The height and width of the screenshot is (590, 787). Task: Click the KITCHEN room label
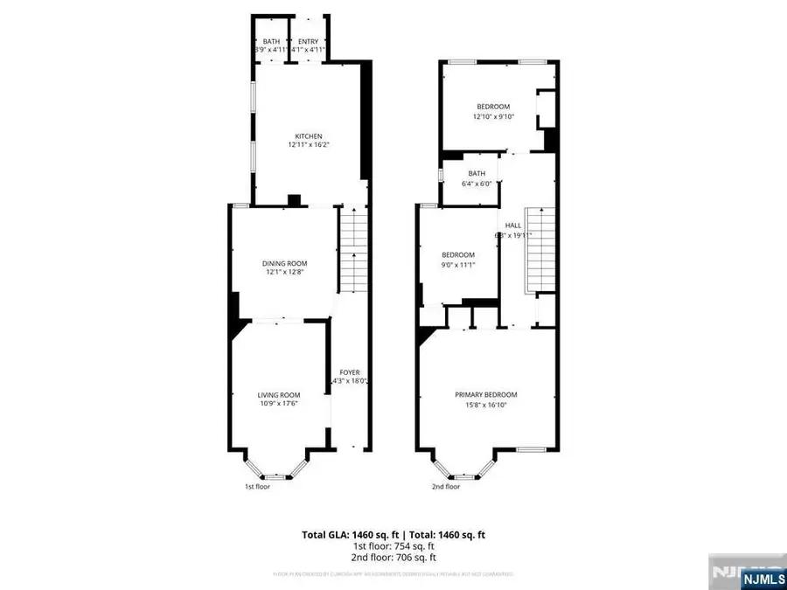pyautogui.click(x=309, y=136)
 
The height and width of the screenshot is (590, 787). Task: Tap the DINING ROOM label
pyautogui.click(x=285, y=263)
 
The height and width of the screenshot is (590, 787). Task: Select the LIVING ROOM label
pyautogui.click(x=279, y=394)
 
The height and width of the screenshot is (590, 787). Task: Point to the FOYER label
pyautogui.click(x=350, y=372)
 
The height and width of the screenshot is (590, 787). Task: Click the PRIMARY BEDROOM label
pyautogui.click(x=486, y=394)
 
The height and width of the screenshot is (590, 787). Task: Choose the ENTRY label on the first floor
pyautogui.click(x=309, y=42)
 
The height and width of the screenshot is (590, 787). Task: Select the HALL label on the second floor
pyautogui.click(x=513, y=226)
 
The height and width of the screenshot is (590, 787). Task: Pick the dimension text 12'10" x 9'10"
pyautogui.click(x=493, y=116)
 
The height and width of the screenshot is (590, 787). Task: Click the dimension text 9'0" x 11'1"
pyautogui.click(x=458, y=265)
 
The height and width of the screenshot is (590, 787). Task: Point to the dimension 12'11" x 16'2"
pyautogui.click(x=309, y=146)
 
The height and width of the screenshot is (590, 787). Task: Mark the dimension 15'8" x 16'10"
pyautogui.click(x=486, y=404)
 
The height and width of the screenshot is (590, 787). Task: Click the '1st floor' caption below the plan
pyautogui.click(x=257, y=487)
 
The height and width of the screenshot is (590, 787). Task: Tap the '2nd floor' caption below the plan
pyautogui.click(x=445, y=487)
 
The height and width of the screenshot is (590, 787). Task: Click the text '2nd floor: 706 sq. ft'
pyautogui.click(x=393, y=557)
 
